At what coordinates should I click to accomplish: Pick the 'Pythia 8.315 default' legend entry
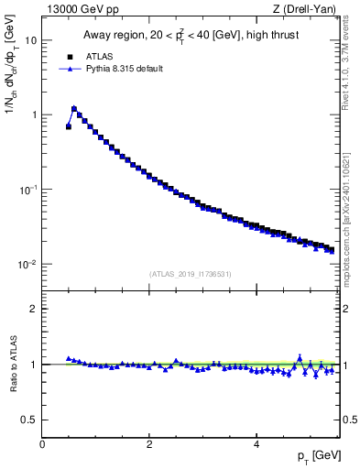click(119, 69)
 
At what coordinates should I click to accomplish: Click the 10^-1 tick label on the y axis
click(28, 190)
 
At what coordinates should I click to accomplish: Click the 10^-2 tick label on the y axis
click(28, 264)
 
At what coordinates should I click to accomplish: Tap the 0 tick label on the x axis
click(42, 443)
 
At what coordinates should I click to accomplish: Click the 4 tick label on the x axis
click(256, 443)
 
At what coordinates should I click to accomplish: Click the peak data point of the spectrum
click(74, 108)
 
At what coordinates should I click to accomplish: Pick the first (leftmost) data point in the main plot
click(69, 126)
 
